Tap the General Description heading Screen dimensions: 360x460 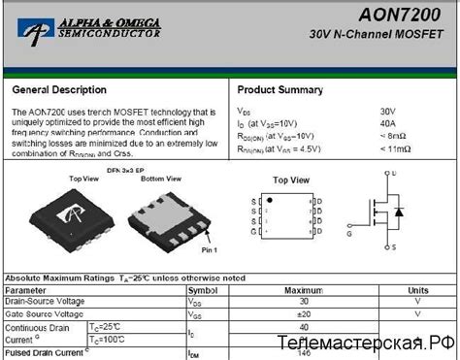point(59,90)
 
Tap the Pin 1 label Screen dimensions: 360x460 point(209,251)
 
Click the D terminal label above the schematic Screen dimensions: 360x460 point(394,172)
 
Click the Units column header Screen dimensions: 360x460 point(418,290)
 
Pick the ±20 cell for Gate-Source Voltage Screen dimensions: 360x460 point(303,313)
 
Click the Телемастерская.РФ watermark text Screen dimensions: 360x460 point(363,343)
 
